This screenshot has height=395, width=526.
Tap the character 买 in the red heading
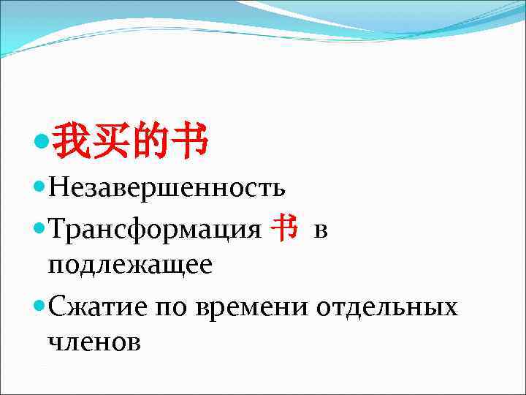(x=112, y=140)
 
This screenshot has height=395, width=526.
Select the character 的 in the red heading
(x=150, y=140)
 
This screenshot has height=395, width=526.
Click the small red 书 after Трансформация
(x=284, y=229)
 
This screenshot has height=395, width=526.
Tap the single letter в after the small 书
(x=321, y=232)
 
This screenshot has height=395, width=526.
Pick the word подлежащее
(x=130, y=265)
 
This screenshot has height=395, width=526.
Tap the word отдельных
(x=387, y=307)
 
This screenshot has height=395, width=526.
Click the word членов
(x=94, y=342)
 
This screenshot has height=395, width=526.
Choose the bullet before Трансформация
(x=40, y=230)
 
